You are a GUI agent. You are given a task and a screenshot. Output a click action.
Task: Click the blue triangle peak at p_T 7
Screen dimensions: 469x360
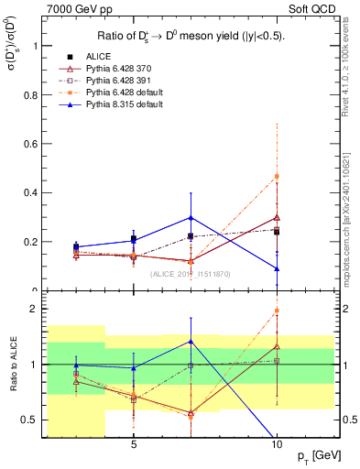[x=191, y=217]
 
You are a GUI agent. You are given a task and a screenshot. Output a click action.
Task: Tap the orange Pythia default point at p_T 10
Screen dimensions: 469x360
[x=277, y=176]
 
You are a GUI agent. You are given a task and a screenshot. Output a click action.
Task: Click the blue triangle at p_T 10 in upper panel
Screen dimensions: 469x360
[x=277, y=268]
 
